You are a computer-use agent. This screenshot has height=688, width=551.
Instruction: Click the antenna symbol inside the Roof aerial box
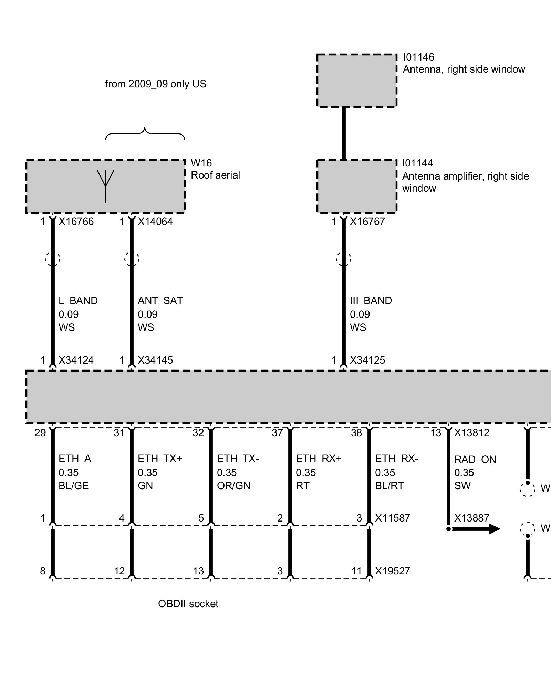(x=105, y=186)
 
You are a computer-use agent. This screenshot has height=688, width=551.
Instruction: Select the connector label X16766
(x=76, y=222)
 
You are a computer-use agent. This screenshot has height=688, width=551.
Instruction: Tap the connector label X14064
(x=155, y=222)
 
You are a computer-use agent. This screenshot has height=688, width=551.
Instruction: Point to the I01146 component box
(x=356, y=81)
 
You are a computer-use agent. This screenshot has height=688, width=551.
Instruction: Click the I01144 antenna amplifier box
(x=356, y=186)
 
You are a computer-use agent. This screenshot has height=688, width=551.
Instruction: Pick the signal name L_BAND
(x=78, y=301)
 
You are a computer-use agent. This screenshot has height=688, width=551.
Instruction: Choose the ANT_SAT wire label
(x=160, y=301)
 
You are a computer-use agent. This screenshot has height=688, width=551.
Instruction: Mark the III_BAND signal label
(x=371, y=301)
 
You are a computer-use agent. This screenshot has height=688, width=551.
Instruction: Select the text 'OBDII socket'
(x=188, y=604)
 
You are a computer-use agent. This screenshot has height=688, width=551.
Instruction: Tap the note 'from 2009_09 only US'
(x=155, y=84)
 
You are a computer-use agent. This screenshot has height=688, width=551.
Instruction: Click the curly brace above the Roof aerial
(x=145, y=134)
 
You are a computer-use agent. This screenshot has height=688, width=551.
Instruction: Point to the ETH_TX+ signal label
(x=160, y=459)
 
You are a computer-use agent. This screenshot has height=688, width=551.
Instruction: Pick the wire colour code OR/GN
(x=233, y=486)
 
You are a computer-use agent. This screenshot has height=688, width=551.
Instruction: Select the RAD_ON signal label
(x=475, y=460)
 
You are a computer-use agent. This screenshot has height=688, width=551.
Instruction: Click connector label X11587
(x=393, y=518)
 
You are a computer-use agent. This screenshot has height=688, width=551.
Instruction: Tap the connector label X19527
(x=393, y=571)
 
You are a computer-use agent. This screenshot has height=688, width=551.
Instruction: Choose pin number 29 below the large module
(x=40, y=433)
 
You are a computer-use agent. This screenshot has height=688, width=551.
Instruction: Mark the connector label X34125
(x=367, y=360)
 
